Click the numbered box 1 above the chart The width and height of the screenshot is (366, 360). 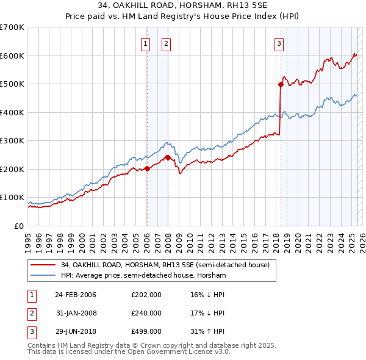pos(146,43)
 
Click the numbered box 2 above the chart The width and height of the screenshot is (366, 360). pos(166,43)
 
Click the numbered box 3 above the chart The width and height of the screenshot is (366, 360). pos(279,43)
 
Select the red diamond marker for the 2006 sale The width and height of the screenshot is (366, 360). pos(147,169)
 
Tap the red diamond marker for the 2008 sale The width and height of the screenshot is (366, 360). pos(168,157)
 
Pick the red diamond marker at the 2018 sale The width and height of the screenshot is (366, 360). pos(281,85)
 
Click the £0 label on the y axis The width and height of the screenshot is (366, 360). pos(18,226)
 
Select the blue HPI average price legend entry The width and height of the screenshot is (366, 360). pos(143,275)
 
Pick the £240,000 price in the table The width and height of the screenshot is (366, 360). pos(146,313)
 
